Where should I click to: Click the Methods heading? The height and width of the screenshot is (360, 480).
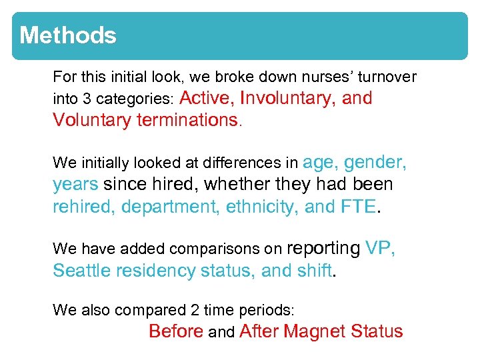[68, 35]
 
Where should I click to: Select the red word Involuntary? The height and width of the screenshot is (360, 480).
[288, 99]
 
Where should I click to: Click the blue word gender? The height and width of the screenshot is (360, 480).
[376, 162]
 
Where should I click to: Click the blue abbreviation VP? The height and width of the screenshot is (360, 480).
[381, 249]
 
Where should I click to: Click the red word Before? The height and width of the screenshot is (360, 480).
[176, 331]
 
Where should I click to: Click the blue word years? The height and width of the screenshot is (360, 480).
[75, 185]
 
